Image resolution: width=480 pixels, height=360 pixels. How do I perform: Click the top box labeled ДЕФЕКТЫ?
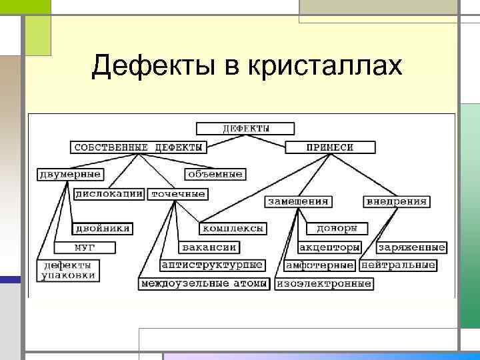pos(245,129)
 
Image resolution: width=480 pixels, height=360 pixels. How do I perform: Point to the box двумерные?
pos(70,174)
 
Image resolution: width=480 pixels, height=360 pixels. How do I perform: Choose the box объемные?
pos(215,174)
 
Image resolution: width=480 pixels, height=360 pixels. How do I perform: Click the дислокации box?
pos(109,194)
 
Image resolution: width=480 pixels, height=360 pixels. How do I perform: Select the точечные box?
pos(177,194)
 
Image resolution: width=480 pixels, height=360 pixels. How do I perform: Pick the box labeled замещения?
pos(299,201)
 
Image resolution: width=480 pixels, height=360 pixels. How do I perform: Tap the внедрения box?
pos(397,201)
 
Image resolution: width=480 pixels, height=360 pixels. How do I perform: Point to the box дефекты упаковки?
pos(68,270)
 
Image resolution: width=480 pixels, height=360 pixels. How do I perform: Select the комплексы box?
pos(233,228)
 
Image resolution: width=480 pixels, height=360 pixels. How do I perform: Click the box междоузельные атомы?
pos(205,284)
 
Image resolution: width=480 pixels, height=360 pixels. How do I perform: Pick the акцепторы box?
pos(329,247)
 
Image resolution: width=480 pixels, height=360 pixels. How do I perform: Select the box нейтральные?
pos(398,265)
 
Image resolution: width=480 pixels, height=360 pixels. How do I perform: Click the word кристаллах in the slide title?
pos(326,65)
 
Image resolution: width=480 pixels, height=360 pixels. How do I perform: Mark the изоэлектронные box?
pos(323,284)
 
